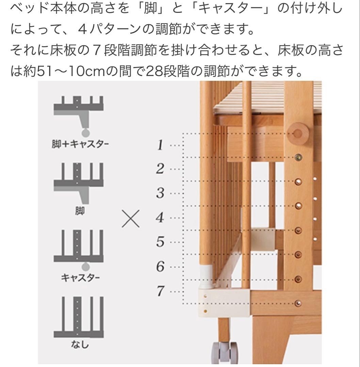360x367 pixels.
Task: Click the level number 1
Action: (x=160, y=145)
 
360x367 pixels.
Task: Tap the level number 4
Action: (x=160, y=217)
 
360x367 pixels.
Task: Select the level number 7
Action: (x=160, y=291)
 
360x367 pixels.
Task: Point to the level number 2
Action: (x=160, y=169)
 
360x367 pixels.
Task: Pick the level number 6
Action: (x=160, y=266)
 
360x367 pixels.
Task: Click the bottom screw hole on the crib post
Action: (x=298, y=303)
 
